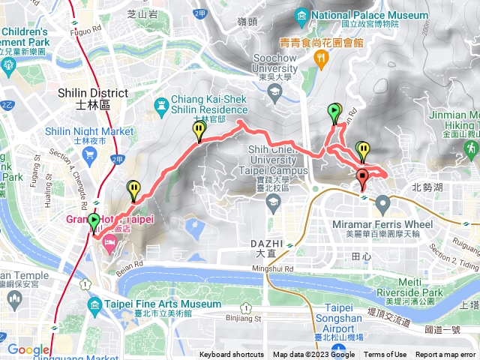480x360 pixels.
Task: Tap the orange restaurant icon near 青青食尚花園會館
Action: coord(322,57)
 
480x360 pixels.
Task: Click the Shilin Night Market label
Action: coord(88,131)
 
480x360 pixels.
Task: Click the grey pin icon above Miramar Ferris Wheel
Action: coord(383,204)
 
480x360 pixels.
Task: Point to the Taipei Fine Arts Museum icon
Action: coord(94,304)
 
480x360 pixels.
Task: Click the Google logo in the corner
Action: coord(29,349)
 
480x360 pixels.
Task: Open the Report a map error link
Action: coord(446,355)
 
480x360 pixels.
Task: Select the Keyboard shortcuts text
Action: coord(232,355)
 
